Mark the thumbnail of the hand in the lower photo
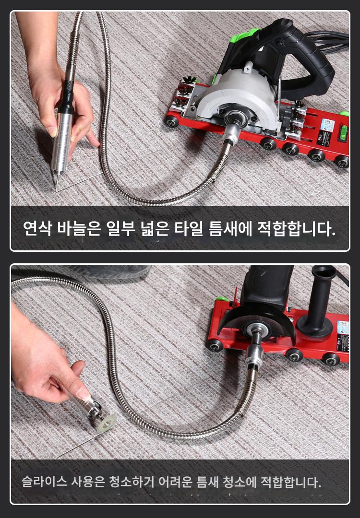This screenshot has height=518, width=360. pos(83,393)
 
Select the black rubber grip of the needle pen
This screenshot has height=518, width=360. pos(67,96)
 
